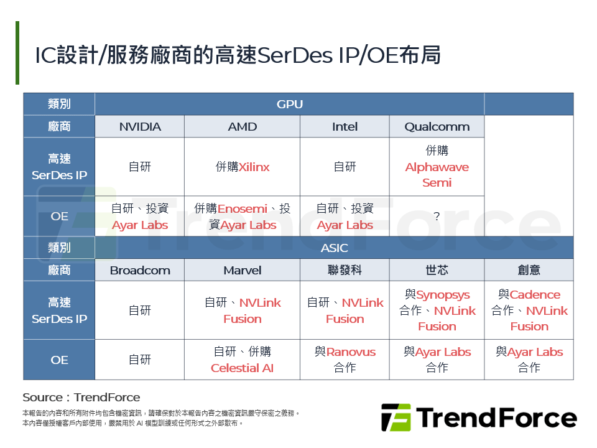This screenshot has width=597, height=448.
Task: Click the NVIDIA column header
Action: pyautogui.click(x=140, y=127)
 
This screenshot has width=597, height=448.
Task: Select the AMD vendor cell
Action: pyautogui.click(x=242, y=127)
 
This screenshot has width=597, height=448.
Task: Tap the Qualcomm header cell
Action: pyautogui.click(x=437, y=127)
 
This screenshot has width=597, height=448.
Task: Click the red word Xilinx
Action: pyautogui.click(x=254, y=167)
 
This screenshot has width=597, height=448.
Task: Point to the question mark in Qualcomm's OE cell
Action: pyautogui.click(x=437, y=217)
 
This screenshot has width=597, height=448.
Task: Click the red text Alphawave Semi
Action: pyautogui.click(x=437, y=175)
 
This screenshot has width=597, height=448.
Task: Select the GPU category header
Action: pyautogui.click(x=289, y=105)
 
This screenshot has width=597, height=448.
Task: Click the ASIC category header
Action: pyautogui.click(x=334, y=248)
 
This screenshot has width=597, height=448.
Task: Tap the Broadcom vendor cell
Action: pyautogui.click(x=140, y=270)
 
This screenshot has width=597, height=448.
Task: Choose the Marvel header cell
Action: pyautogui.click(x=242, y=270)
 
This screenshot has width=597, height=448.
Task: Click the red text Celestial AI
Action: pyautogui.click(x=242, y=368)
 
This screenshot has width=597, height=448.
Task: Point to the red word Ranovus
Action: pyautogui.click(x=351, y=352)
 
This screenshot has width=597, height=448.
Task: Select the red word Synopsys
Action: pyautogui.click(x=443, y=295)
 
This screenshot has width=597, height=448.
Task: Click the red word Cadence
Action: pyautogui.click(x=535, y=295)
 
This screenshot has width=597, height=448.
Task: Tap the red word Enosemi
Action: pyautogui.click(x=242, y=209)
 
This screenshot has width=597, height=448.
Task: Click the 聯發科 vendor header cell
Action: pyautogui.click(x=345, y=270)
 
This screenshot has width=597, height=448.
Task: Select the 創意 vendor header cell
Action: pyautogui.click(x=529, y=270)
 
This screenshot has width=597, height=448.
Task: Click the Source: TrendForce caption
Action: pyautogui.click(x=81, y=398)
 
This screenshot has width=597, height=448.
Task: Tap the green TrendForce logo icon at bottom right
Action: pyautogui.click(x=396, y=418)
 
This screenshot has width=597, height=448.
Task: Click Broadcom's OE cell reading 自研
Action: pyautogui.click(x=140, y=360)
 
